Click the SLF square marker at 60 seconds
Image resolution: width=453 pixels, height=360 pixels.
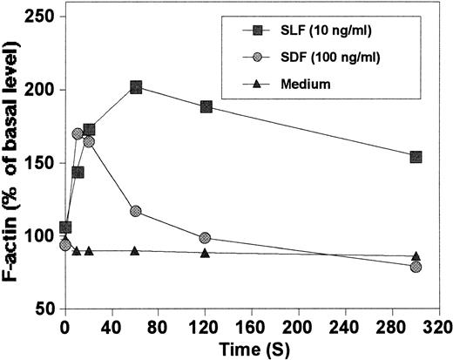coord(136,87)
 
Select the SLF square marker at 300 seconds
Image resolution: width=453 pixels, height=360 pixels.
coord(416,157)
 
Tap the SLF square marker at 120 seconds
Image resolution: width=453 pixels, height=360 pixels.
coord(206,106)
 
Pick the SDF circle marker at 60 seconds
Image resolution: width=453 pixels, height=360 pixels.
coord(135,211)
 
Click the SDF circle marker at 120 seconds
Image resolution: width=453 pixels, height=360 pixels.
coord(205,238)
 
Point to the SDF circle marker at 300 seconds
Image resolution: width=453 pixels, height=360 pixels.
coord(416,267)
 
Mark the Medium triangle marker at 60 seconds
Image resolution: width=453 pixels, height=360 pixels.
coord(135,250)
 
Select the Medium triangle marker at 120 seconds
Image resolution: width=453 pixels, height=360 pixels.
coord(205,252)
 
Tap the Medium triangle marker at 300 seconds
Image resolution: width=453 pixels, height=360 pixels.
coord(416,255)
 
